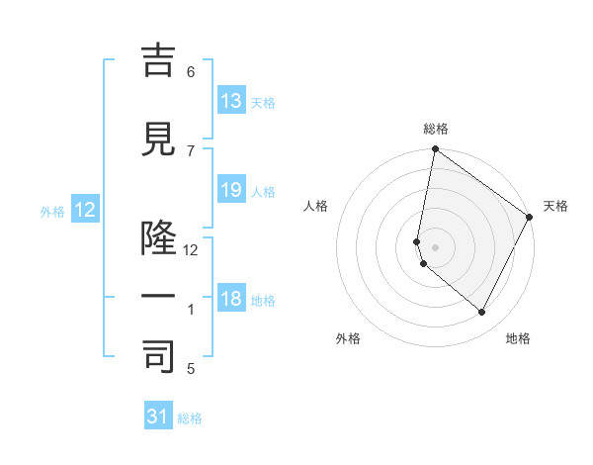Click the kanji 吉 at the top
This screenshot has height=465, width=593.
click(159, 60)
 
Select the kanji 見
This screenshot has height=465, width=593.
click(159, 139)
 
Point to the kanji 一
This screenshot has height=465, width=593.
click(159, 297)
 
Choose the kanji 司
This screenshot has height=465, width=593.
click(159, 357)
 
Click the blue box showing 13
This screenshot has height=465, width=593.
click(231, 101)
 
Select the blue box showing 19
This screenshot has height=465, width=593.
click(231, 190)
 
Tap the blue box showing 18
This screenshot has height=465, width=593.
click(231, 299)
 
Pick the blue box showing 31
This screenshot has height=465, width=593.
click(158, 417)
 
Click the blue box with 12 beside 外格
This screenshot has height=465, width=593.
click(85, 209)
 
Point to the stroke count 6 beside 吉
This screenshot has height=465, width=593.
click(191, 71)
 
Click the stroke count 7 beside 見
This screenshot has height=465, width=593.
click(191, 150)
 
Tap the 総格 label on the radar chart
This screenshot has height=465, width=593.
click(436, 129)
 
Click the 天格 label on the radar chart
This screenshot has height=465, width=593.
click(555, 206)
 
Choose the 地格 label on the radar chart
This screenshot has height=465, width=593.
click(518, 338)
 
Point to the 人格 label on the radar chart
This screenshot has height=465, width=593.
click(316, 206)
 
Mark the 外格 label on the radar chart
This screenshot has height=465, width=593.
click(348, 338)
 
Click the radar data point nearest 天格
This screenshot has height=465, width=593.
click(530, 217)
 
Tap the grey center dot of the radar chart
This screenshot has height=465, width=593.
click(436, 246)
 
